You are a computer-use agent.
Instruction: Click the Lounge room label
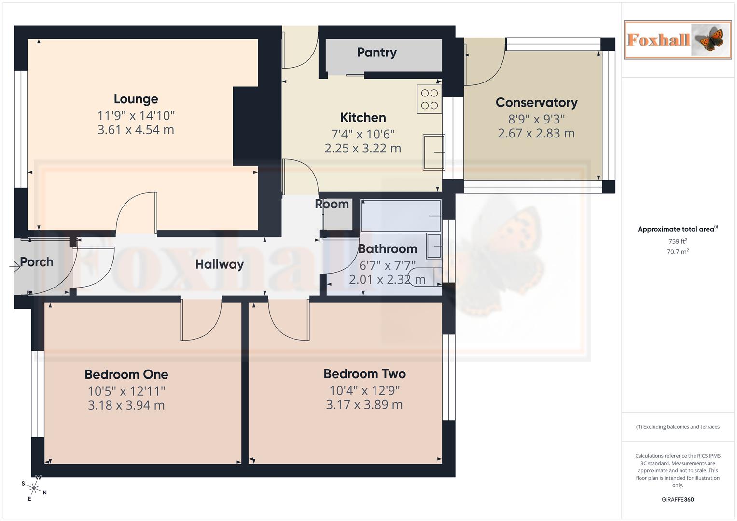coord(136,99)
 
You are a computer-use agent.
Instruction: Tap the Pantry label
coord(376,52)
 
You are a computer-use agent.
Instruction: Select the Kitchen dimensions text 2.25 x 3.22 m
coord(362,148)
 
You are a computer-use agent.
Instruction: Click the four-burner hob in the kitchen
coord(429,99)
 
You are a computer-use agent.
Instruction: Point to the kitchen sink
coord(434,152)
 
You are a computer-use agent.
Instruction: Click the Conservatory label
coord(536,102)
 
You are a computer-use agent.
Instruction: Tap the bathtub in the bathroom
coord(401,216)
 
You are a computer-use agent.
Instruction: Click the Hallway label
coord(219,264)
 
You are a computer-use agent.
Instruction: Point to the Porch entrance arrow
coord(14,266)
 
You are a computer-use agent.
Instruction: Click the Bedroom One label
coord(126,374)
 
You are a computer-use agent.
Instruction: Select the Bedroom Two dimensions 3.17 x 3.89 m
coord(364,404)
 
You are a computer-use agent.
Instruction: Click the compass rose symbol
coord(34,488)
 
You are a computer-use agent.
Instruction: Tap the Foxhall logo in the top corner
coord(677,40)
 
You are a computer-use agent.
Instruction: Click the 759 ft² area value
coord(677,241)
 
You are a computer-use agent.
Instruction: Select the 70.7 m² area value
coord(677,251)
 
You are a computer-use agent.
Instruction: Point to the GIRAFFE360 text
coord(677,499)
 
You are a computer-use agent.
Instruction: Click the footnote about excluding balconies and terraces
coord(677,427)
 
